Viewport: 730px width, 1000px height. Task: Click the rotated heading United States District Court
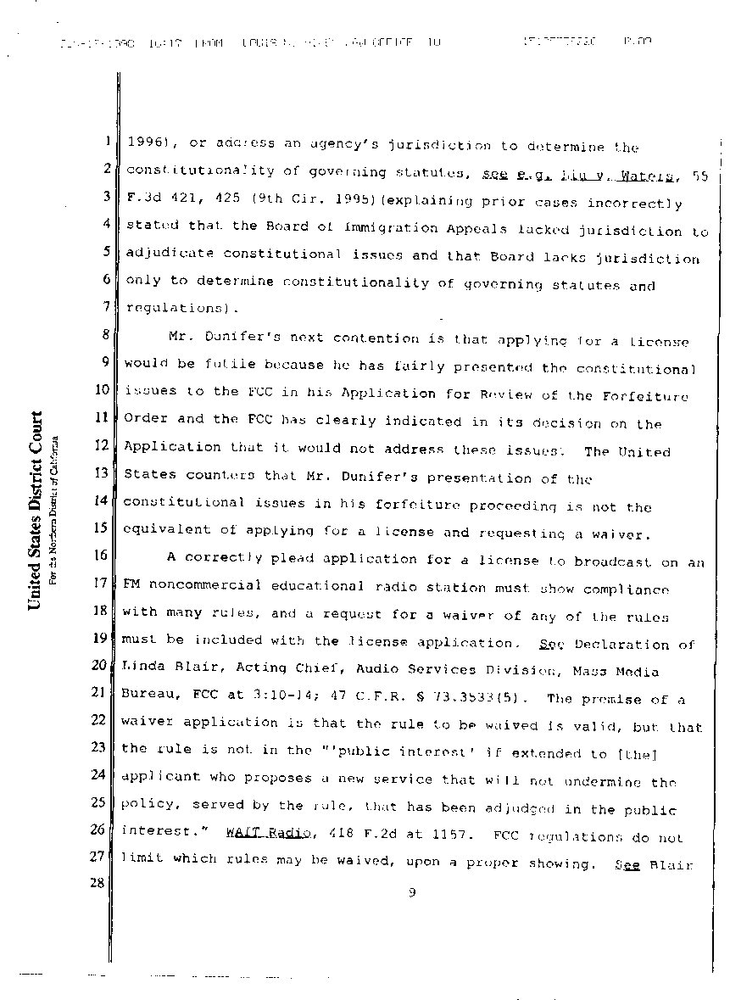tap(36, 511)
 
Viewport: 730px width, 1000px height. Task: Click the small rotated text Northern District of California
tap(53, 509)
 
